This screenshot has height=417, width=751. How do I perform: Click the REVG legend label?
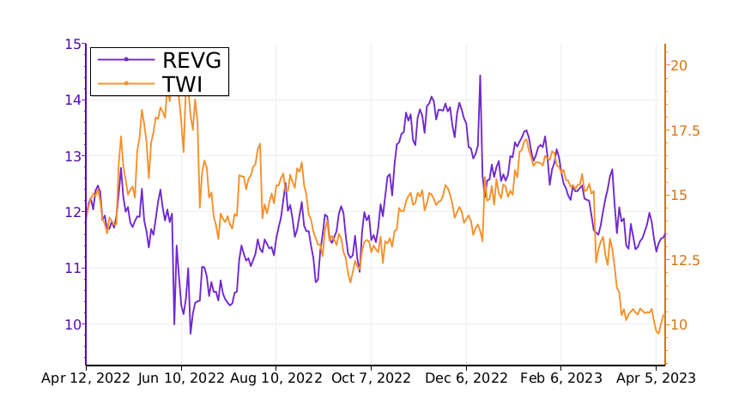[x=191, y=59]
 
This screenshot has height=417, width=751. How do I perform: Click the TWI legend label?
[x=182, y=83]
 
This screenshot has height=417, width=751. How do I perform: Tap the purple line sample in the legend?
[x=126, y=59]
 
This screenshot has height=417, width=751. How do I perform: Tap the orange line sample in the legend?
[x=126, y=83]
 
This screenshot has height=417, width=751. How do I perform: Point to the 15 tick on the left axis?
[x=73, y=44]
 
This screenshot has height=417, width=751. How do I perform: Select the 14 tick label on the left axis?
[x=73, y=100]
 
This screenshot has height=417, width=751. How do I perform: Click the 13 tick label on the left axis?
[x=73, y=156]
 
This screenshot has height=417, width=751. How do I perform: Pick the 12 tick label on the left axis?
[x=73, y=212]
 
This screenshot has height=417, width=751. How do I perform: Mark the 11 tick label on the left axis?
[x=73, y=268]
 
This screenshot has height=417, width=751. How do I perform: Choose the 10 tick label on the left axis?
[x=73, y=323]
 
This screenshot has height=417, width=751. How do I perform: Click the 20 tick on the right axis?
[x=679, y=65]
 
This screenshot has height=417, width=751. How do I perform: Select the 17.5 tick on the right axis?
[x=685, y=130]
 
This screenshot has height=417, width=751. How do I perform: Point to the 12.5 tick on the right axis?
[x=685, y=260]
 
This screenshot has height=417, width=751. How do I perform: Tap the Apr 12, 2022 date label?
[x=86, y=378]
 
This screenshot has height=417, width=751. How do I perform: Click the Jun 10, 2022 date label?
[x=181, y=378]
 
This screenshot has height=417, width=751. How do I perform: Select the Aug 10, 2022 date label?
[x=277, y=378]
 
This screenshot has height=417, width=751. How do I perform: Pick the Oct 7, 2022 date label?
[x=372, y=378]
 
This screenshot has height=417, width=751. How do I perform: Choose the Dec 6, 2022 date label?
[x=468, y=378]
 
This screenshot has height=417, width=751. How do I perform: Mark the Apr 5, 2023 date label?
[x=656, y=378]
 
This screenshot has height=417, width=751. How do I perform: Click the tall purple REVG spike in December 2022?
[x=480, y=76]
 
